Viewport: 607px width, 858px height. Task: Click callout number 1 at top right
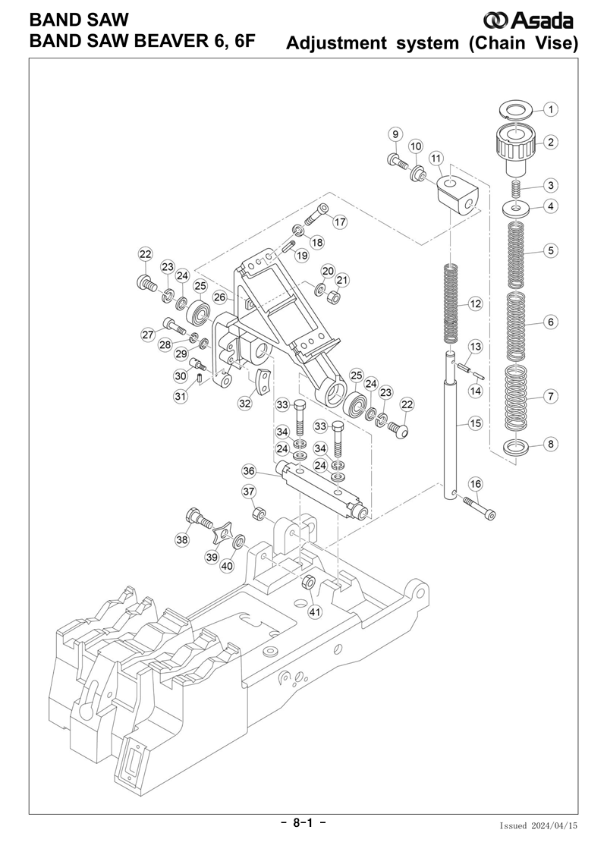coord(552,109)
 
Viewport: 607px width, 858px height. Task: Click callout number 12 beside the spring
coord(476,304)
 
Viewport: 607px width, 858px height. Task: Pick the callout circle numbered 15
coord(476,423)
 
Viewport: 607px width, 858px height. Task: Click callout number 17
coord(339,222)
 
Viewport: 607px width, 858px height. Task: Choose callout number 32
coord(244,404)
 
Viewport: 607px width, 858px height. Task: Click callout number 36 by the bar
coord(249,471)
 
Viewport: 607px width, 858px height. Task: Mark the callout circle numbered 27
coord(148,335)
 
